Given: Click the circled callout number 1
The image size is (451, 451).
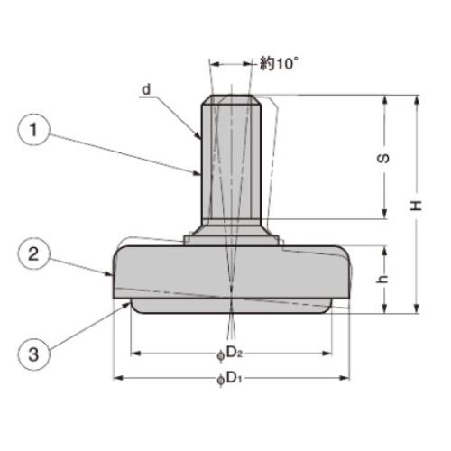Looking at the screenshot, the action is coord(33,130).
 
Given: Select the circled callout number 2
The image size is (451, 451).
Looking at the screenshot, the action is coord(33,254).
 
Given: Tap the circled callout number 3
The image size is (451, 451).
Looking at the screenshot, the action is coord(33,354).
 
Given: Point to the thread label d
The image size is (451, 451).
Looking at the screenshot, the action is coord(146,89).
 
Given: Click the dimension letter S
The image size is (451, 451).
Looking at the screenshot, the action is coord(383,159).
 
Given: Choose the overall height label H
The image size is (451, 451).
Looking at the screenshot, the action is coord(417,206).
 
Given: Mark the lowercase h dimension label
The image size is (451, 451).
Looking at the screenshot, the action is coord(382,280).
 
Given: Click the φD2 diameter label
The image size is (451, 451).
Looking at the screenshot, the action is coord(230,354).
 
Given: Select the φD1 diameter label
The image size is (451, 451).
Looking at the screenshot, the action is coord(229,379).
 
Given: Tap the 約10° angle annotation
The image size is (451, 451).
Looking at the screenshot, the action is coord(280,63).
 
